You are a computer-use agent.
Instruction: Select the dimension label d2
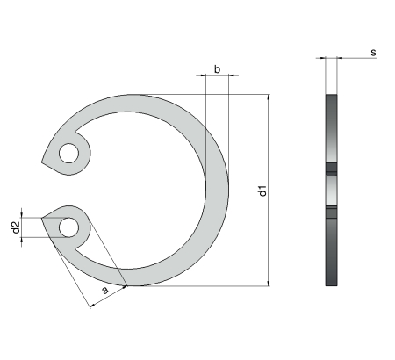tap(15, 227)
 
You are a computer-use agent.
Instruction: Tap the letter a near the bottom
tap(104, 288)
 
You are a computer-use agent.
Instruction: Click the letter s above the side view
tap(372, 53)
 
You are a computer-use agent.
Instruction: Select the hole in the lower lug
tap(68, 227)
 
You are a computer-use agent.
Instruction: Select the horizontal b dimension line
tap(217, 76)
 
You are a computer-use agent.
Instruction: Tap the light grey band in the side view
tap(331, 189)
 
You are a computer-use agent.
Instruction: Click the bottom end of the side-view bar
tap(331, 283)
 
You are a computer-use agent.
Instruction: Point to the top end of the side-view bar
tap(331, 96)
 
